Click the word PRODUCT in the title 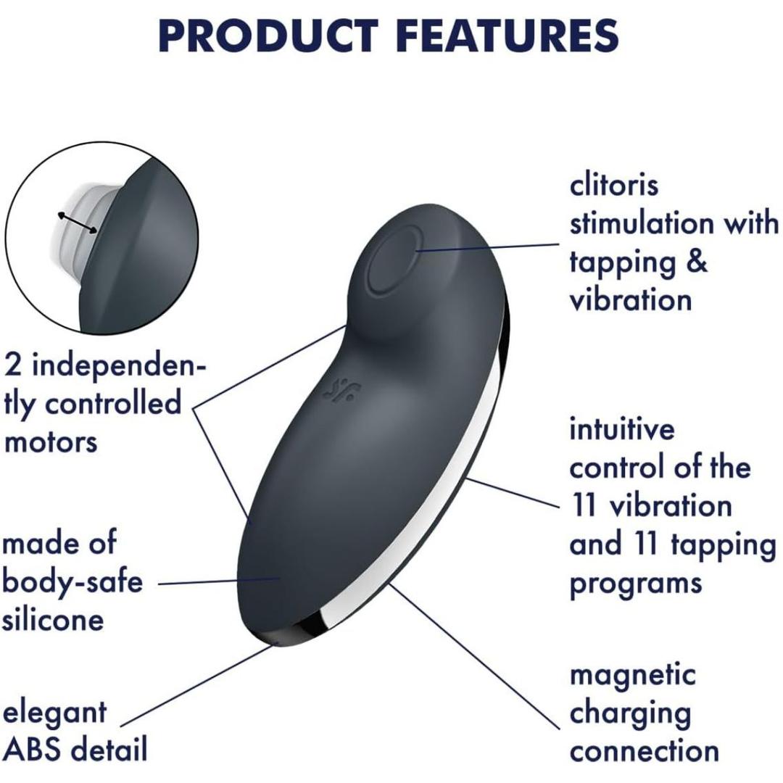[268, 35]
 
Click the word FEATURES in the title [500, 35]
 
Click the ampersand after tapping [696, 262]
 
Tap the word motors [50, 440]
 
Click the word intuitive [622, 429]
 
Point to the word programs [636, 582]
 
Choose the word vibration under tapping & [631, 299]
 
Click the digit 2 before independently [13, 365]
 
